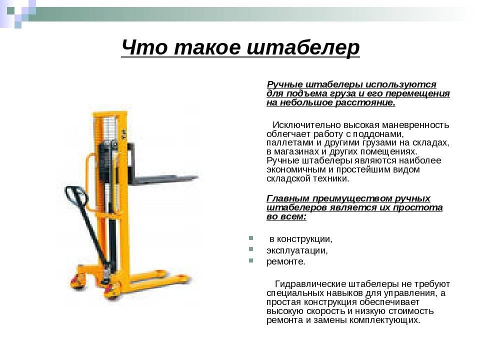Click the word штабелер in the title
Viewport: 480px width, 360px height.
(x=303, y=48)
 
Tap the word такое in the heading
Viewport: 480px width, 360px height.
(x=207, y=48)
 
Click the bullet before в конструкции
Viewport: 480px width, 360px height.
(x=251, y=238)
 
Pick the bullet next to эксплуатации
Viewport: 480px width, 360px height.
(x=251, y=249)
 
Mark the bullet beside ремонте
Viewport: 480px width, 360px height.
(x=251, y=260)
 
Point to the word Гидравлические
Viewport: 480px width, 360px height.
(x=310, y=284)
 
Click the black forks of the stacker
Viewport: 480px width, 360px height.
(x=164, y=178)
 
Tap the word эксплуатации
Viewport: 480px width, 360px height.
(x=297, y=250)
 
